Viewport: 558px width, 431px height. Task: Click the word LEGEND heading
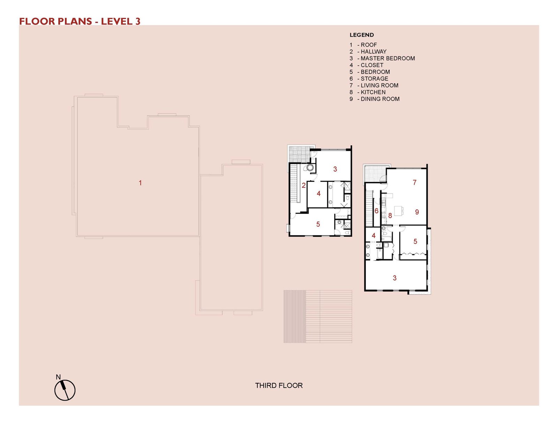pos(362,35)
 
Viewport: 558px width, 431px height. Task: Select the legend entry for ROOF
pos(363,45)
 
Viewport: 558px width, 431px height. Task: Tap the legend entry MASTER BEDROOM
pos(382,58)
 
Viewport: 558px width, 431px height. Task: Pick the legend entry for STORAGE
pos(369,78)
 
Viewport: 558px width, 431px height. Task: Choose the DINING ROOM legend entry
pos(375,99)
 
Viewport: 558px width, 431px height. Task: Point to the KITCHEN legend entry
pos(368,92)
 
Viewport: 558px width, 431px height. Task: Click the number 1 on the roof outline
pos(140,183)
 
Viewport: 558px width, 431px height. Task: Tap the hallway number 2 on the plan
pos(303,185)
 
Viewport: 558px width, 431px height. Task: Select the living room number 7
pos(414,182)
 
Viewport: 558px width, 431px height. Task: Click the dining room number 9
pos(417,212)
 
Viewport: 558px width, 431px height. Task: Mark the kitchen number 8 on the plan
pos(390,215)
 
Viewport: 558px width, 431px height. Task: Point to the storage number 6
pos(376,211)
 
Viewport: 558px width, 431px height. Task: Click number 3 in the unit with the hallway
pos(335,169)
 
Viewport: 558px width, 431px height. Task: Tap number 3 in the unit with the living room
pos(394,278)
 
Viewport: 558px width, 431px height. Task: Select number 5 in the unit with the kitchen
pos(415,241)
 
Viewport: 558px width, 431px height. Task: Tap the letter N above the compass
pos(58,377)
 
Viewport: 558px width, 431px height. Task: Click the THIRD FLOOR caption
pos(279,386)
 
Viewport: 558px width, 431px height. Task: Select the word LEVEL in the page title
pos(117,21)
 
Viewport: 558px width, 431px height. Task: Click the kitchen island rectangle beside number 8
pos(398,211)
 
